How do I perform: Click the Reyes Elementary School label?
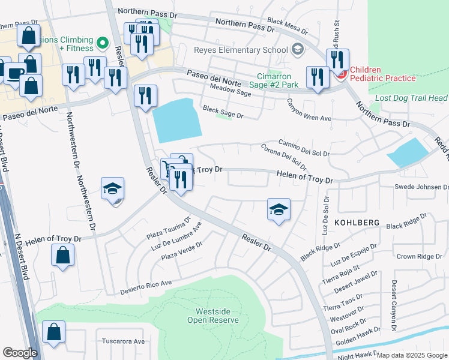tap(241, 50)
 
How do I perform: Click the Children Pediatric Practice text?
tap(383, 74)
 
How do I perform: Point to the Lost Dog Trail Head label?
tap(411, 98)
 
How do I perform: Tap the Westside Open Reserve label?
tap(217, 316)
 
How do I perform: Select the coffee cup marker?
tap(14, 73)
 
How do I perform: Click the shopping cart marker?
tap(167, 167)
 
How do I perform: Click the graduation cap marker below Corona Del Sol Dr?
tap(278, 209)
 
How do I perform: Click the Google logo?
tap(20, 353)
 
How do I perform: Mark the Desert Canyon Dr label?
tap(394, 305)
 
